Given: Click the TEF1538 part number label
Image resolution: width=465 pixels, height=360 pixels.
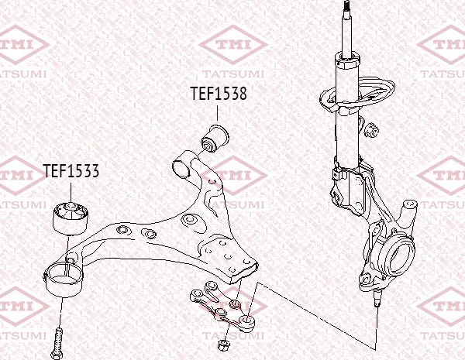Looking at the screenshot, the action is tap(219, 94).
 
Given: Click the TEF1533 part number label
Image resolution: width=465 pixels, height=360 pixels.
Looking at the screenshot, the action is tap(71, 170).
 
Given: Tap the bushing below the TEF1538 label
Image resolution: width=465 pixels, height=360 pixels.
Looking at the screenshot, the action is tap(215, 139).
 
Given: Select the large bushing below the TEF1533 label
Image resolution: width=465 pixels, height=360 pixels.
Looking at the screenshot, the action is tap(71, 218).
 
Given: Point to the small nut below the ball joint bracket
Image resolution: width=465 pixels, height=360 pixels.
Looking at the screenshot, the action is tap(224, 345).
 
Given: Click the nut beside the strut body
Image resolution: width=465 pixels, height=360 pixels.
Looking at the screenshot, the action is tap(371, 130).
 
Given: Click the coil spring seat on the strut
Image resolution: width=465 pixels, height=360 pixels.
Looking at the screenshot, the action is tap(357, 94).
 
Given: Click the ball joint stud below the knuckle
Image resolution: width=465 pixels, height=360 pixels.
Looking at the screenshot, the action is tap(377, 297).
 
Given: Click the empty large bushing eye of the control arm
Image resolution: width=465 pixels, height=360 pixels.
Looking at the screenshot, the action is tap(64, 279).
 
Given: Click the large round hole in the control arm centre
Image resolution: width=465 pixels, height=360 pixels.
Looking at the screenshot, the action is tap(189, 220).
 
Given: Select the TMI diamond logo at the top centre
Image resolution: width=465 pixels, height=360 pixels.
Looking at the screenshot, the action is tap(233, 45).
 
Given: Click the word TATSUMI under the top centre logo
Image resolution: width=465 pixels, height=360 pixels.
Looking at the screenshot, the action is tap(233, 74).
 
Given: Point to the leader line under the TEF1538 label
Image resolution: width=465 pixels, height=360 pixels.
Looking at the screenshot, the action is tap(217, 112).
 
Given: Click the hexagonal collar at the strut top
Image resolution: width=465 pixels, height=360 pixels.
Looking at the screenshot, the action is tap(348, 60).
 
